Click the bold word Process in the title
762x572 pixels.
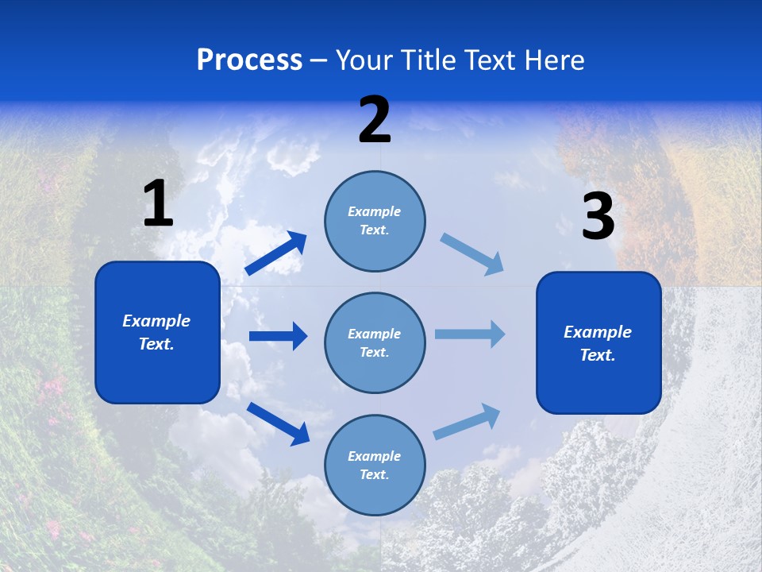pyautogui.click(x=249, y=60)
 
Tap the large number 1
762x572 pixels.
pyautogui.click(x=158, y=204)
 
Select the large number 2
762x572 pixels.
pyautogui.click(x=375, y=121)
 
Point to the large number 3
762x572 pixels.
pyautogui.click(x=598, y=216)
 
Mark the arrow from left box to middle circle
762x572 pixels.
pyautogui.click(x=278, y=336)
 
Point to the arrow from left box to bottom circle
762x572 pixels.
pyautogui.click(x=278, y=423)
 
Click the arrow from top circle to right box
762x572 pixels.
pyautogui.click(x=472, y=254)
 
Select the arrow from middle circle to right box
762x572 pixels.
pyautogui.click(x=470, y=334)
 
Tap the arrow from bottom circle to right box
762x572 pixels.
pyautogui.click(x=467, y=422)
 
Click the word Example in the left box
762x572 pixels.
pyautogui.click(x=156, y=321)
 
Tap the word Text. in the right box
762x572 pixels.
pyautogui.click(x=598, y=355)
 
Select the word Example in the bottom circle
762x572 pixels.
pyautogui.click(x=374, y=456)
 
